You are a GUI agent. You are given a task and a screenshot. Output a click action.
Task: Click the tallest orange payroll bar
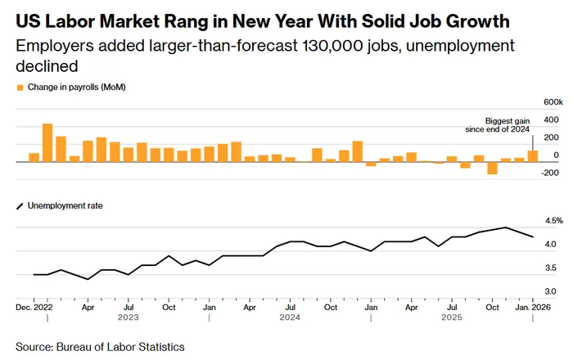pyautogui.click(x=47, y=142)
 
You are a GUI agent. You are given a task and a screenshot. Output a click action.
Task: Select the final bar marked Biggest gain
pyautogui.click(x=533, y=156)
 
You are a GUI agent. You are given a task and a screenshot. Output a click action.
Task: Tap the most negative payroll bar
pyautogui.click(x=492, y=168)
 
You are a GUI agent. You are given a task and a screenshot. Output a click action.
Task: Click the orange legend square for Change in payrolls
pyautogui.click(x=20, y=86)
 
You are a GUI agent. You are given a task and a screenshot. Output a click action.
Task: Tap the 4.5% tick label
pyautogui.click(x=553, y=221)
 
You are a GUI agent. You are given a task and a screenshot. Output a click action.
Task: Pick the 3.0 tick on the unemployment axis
pyautogui.click(x=551, y=291)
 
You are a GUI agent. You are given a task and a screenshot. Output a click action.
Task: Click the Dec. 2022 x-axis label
pyautogui.click(x=35, y=308)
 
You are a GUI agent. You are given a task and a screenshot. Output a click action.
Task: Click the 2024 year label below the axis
pyautogui.click(x=289, y=317)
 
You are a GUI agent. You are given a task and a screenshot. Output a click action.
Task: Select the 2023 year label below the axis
pyautogui.click(x=128, y=317)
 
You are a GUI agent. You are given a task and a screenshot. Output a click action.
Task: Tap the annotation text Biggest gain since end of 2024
pyautogui.click(x=508, y=125)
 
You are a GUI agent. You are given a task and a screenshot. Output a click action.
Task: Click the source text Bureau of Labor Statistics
pyautogui.click(x=120, y=347)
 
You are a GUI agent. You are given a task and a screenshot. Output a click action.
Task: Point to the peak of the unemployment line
pyautogui.click(x=506, y=227)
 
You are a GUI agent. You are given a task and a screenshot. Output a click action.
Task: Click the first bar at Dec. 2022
pyautogui.click(x=34, y=157)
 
